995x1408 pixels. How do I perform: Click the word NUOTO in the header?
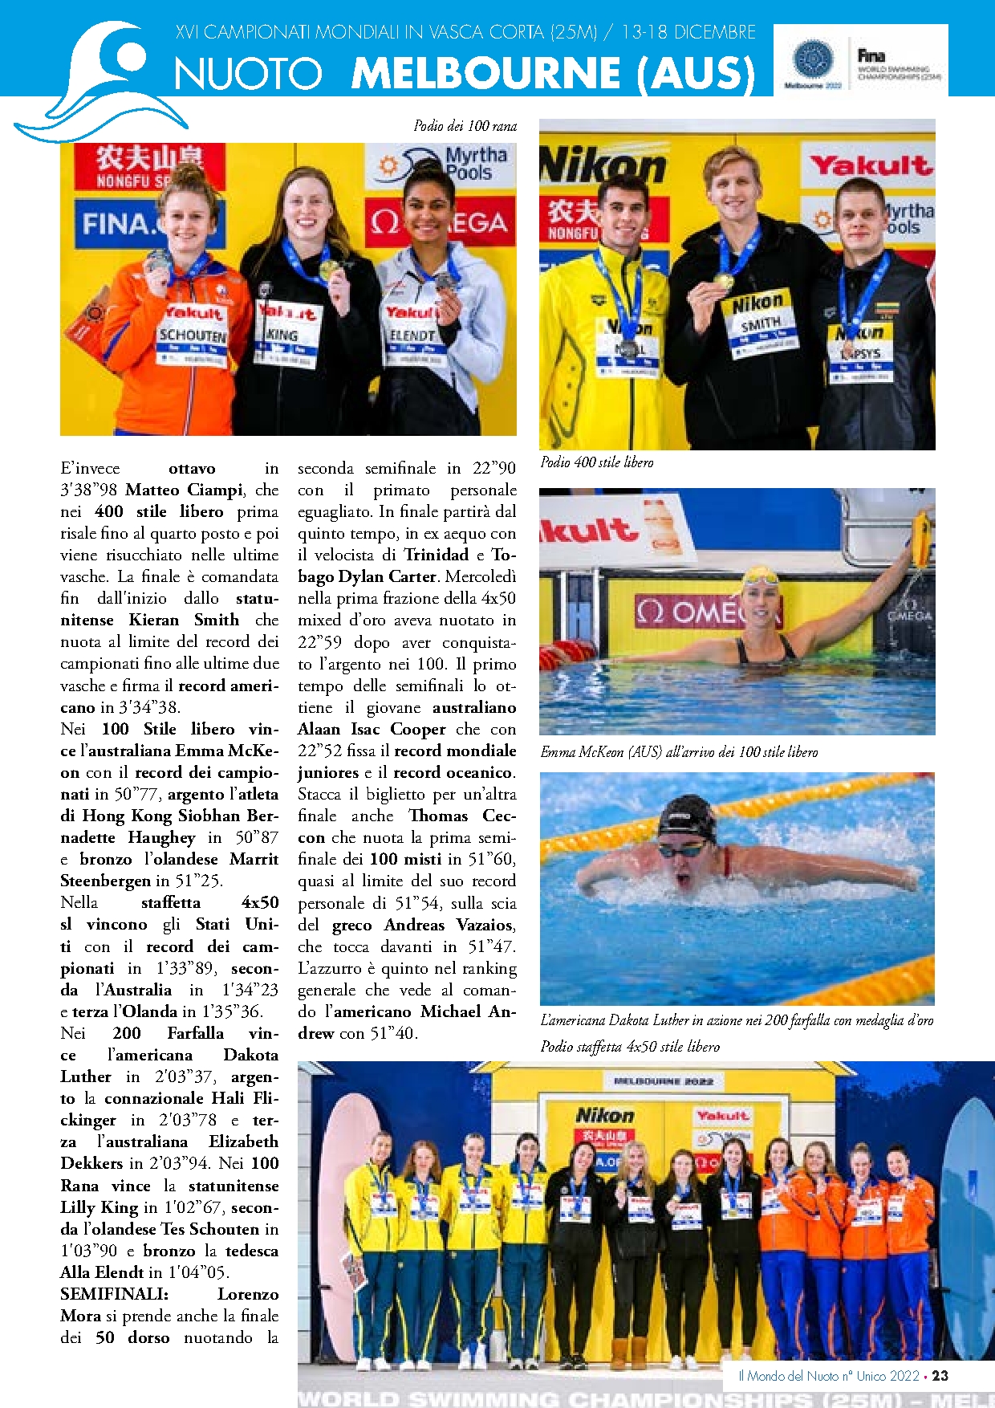[248, 74]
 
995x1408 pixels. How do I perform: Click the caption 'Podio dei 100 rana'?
[465, 126]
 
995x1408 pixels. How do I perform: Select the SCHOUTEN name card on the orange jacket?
[193, 336]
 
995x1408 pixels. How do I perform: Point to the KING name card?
[282, 335]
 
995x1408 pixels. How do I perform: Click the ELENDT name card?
[412, 336]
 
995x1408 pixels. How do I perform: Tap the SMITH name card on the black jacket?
[761, 323]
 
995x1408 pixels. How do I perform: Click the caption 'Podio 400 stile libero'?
[596, 462]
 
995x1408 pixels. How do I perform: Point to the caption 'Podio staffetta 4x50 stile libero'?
[630, 1047]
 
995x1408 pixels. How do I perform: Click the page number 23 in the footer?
[940, 1376]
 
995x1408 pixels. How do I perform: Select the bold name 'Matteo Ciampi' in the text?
[185, 490]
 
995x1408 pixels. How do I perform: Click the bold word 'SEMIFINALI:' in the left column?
[114, 1294]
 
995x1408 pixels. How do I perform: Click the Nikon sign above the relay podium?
[605, 1115]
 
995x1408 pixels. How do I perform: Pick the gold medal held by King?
[327, 268]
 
